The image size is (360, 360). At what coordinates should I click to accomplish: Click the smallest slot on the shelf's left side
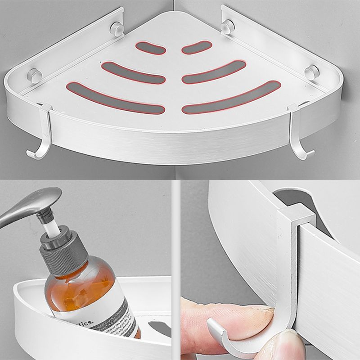150,48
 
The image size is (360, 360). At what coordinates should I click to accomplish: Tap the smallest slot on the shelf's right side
197,47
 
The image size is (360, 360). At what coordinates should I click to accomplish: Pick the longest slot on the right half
231,97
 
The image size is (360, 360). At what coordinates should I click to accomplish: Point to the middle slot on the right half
214,72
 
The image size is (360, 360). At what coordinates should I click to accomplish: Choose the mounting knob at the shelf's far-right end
311,72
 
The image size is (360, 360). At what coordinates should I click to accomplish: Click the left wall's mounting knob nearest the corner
117,29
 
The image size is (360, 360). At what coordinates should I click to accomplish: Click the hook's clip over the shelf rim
295,216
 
